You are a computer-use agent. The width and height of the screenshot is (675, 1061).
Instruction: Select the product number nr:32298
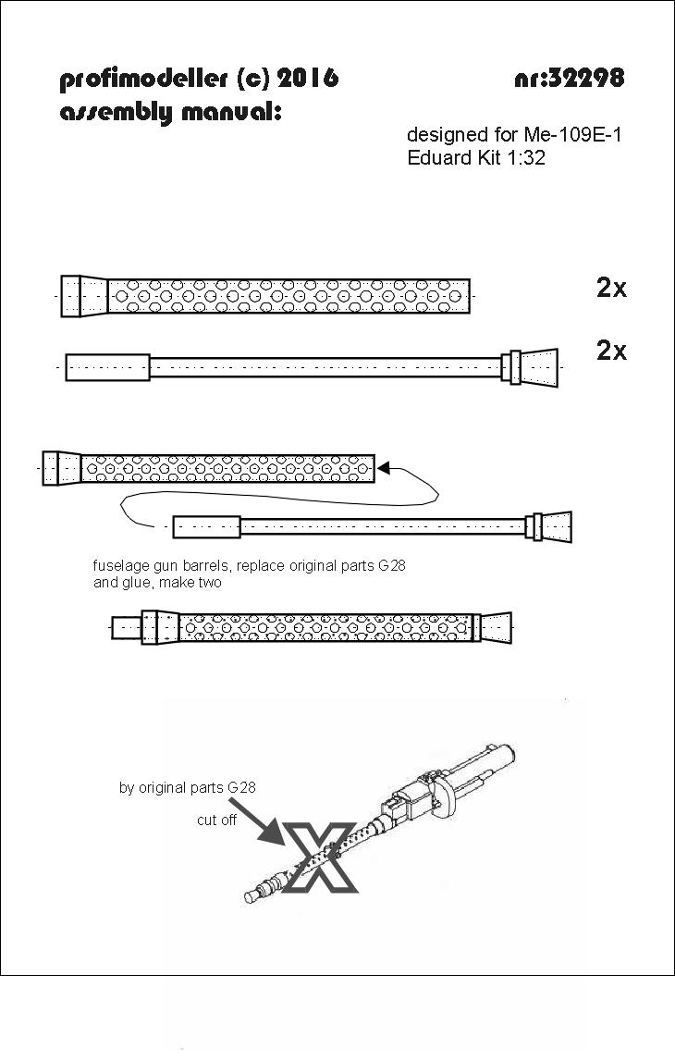coord(570,78)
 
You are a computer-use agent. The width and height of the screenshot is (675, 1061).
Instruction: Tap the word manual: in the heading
coord(231,111)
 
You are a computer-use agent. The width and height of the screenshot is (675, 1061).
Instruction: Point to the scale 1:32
coord(525,157)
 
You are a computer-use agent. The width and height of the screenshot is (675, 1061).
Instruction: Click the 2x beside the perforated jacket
coord(611,288)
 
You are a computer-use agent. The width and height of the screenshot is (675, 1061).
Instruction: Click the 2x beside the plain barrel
coord(611,351)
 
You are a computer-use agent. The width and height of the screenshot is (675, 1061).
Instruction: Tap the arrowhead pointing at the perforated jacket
coord(384,467)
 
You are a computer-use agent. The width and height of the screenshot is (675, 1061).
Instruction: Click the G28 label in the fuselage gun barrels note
coord(392,566)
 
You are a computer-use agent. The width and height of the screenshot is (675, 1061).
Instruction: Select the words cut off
coord(216,820)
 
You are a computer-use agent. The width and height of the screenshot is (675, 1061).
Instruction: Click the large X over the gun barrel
coord(320,857)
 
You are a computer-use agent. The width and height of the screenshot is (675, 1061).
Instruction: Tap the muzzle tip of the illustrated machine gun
coord(252,897)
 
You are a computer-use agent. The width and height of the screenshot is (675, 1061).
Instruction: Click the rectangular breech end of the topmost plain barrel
coord(107,367)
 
